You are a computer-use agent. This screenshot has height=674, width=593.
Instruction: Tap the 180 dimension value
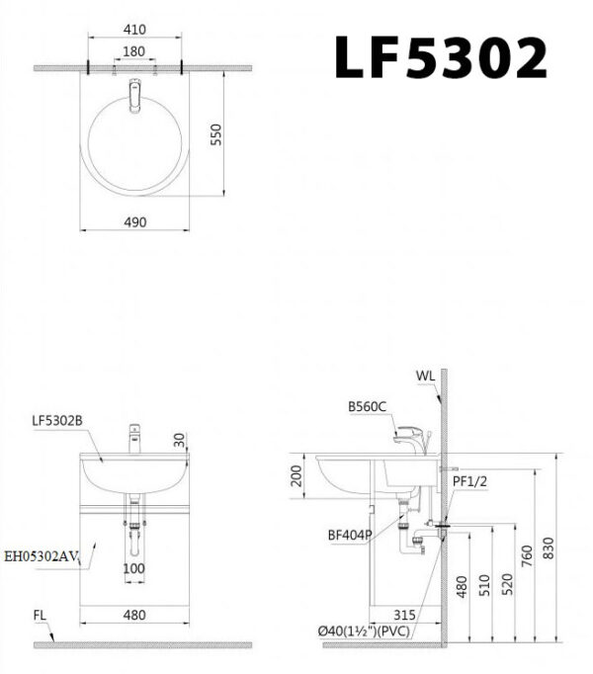tap(134, 51)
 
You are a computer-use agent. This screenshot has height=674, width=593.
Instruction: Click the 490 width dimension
tap(135, 222)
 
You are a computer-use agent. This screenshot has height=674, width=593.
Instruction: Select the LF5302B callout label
tap(56, 420)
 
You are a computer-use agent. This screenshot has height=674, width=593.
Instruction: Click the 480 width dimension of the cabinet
tap(134, 615)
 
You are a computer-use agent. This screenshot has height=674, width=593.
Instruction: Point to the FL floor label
tap(40, 615)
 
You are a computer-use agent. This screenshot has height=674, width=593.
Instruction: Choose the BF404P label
tap(349, 535)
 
